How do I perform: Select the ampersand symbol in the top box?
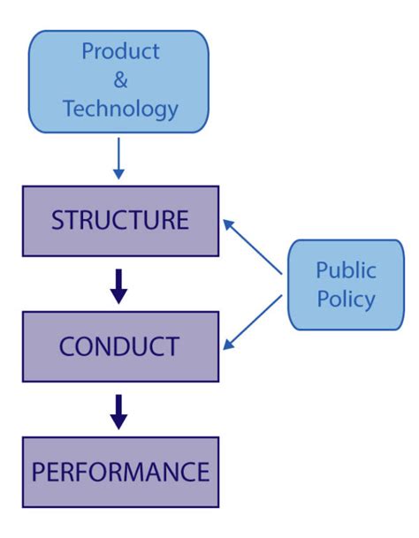click(120, 80)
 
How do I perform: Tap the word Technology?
click(120, 110)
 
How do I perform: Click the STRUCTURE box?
click(120, 220)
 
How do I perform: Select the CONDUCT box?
click(120, 346)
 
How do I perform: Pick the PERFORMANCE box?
click(120, 472)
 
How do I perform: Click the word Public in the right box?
click(346, 269)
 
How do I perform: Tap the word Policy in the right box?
click(346, 299)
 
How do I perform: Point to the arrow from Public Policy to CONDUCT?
click(255, 322)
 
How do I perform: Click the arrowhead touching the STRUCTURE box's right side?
click(228, 224)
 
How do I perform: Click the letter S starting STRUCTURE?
click(57, 221)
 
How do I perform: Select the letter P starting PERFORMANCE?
click(38, 472)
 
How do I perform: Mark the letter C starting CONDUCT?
click(67, 346)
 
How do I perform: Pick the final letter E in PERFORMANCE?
click(202, 472)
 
